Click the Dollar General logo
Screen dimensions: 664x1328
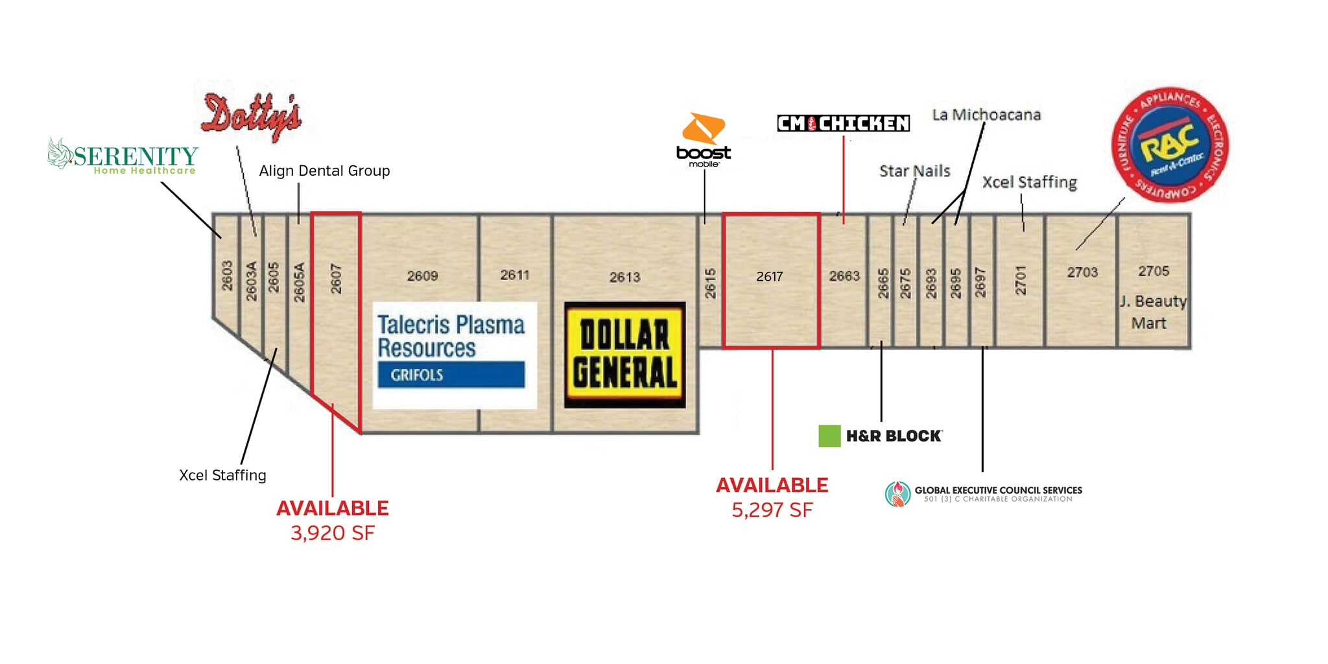tap(624, 355)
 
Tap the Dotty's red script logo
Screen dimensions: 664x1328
tap(252, 117)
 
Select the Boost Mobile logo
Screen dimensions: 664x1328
tap(704, 140)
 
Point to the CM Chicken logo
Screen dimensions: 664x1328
tap(843, 123)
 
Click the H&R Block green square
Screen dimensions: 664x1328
tap(829, 436)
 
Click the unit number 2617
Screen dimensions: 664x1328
tap(770, 277)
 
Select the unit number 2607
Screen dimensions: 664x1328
tap(336, 278)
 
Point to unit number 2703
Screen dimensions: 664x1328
tap(1082, 272)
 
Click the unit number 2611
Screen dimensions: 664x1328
tap(515, 276)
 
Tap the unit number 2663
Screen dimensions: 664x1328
tap(844, 276)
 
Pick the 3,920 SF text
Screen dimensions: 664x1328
tap(333, 533)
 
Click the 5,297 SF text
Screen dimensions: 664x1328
tap(772, 510)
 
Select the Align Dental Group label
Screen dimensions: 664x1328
tap(324, 171)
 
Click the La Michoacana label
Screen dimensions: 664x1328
tap(986, 115)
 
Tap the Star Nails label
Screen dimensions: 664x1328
tap(914, 171)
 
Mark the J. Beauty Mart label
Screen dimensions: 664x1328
tap(1152, 312)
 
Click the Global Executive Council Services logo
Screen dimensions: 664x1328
tap(983, 493)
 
